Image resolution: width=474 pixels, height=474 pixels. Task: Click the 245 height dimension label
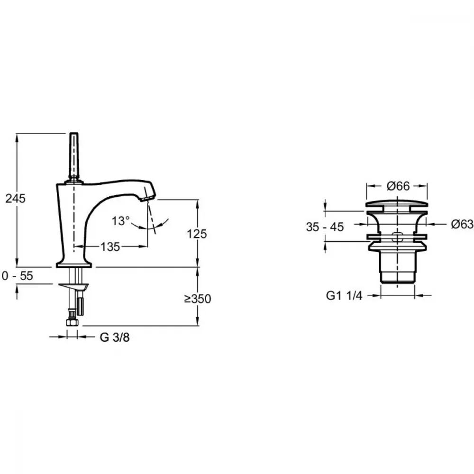pyautogui.click(x=16, y=198)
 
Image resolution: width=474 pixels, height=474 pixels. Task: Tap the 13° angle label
pyautogui.click(x=120, y=221)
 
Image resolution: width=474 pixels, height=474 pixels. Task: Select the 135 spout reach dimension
pyautogui.click(x=110, y=246)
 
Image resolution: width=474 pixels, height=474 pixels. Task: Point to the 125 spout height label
pyautogui.click(x=197, y=234)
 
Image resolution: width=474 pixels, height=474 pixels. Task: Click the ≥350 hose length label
pyautogui.click(x=198, y=299)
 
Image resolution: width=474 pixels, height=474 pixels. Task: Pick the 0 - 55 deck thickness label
pyautogui.click(x=17, y=276)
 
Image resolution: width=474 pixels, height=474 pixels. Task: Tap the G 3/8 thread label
pyautogui.click(x=115, y=337)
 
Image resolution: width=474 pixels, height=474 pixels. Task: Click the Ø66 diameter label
pyautogui.click(x=398, y=186)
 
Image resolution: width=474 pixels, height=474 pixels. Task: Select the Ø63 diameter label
pyautogui.click(x=462, y=224)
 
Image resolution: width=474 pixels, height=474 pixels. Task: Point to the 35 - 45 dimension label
pyautogui.click(x=325, y=227)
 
